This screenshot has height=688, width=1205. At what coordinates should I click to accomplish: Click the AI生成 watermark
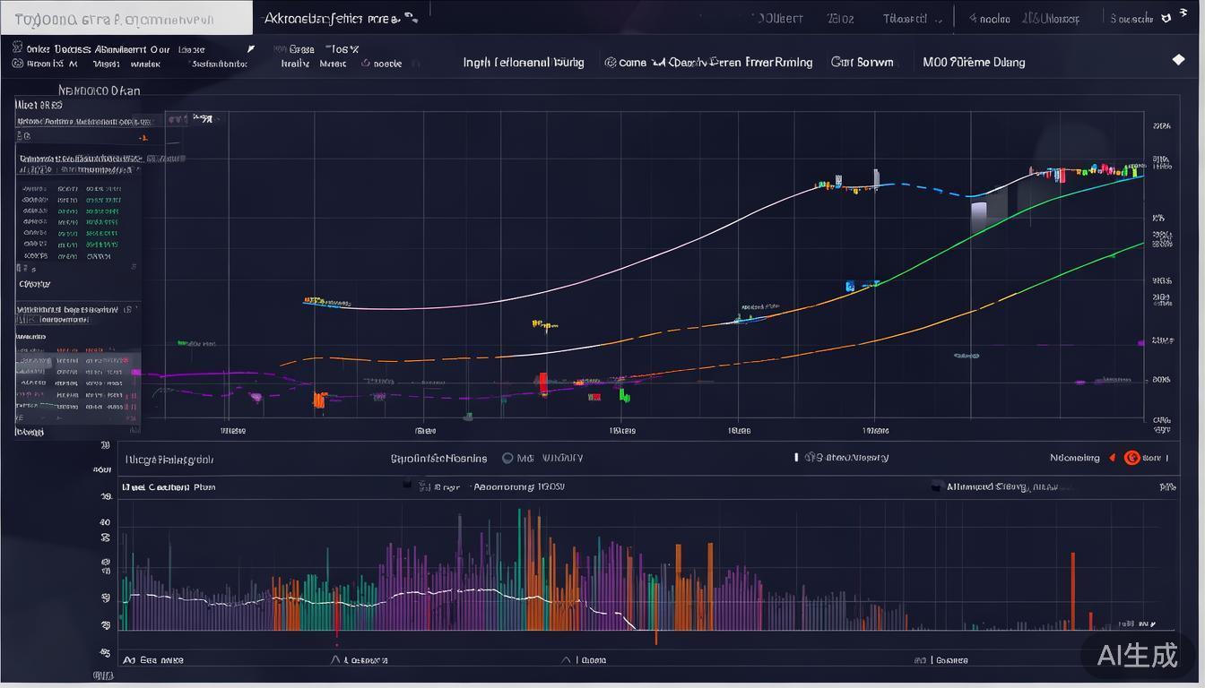click(x=1138, y=655)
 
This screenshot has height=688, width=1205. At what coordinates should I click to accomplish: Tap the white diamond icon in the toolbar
click(x=1179, y=60)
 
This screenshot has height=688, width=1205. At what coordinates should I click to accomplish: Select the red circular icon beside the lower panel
click(x=1131, y=458)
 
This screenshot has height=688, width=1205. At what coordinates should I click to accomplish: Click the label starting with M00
click(x=974, y=62)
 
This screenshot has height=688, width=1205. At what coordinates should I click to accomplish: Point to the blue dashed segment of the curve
click(x=932, y=189)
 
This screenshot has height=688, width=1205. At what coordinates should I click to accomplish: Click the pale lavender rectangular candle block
click(x=979, y=213)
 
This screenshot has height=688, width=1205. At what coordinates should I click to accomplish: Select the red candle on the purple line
click(x=542, y=383)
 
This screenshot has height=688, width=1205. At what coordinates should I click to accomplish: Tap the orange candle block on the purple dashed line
click(x=318, y=400)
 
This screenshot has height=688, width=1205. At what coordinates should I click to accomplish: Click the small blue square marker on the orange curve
click(x=850, y=287)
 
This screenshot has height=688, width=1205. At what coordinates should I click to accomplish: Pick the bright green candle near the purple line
click(x=623, y=394)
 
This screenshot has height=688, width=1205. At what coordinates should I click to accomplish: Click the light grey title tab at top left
click(x=126, y=18)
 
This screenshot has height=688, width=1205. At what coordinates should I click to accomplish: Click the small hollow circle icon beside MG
click(x=507, y=458)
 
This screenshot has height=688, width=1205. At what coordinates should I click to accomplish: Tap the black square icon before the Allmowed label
click(x=937, y=486)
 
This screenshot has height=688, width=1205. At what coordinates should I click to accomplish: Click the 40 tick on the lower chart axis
click(x=105, y=522)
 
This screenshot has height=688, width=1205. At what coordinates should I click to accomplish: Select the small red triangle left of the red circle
click(x=1112, y=458)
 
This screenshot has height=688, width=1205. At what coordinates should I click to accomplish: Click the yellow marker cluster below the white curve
click(x=544, y=324)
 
